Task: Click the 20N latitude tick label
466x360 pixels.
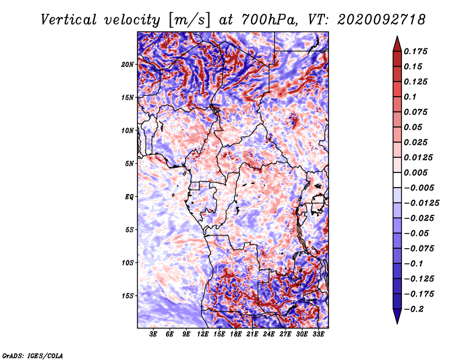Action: coord(127,65)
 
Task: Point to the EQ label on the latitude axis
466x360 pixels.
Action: coord(129,197)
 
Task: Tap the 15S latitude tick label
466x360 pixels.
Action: coord(128,296)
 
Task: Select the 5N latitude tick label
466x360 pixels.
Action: coord(129,164)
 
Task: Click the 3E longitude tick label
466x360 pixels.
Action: coord(153,334)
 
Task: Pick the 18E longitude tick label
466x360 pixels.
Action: coord(236,334)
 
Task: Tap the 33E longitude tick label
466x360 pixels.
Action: coord(318,334)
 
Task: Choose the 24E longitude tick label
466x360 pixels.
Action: coord(269,334)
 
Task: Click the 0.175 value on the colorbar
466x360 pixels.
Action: coord(415,51)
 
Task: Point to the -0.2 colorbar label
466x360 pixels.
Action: coord(414,309)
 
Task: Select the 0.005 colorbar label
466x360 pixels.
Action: coord(415,172)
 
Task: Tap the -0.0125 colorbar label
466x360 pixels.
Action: coord(421,203)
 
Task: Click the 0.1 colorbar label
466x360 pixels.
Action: coord(410,97)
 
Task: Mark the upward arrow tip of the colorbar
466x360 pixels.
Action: coord(397,36)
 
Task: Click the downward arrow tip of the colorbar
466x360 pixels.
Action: coord(397,323)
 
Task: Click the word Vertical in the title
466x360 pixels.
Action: coord(69,20)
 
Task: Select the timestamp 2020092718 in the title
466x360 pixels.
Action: coord(381,20)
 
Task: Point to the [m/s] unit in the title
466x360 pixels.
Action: coord(189,20)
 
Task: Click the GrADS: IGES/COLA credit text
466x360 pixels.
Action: coord(33,355)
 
